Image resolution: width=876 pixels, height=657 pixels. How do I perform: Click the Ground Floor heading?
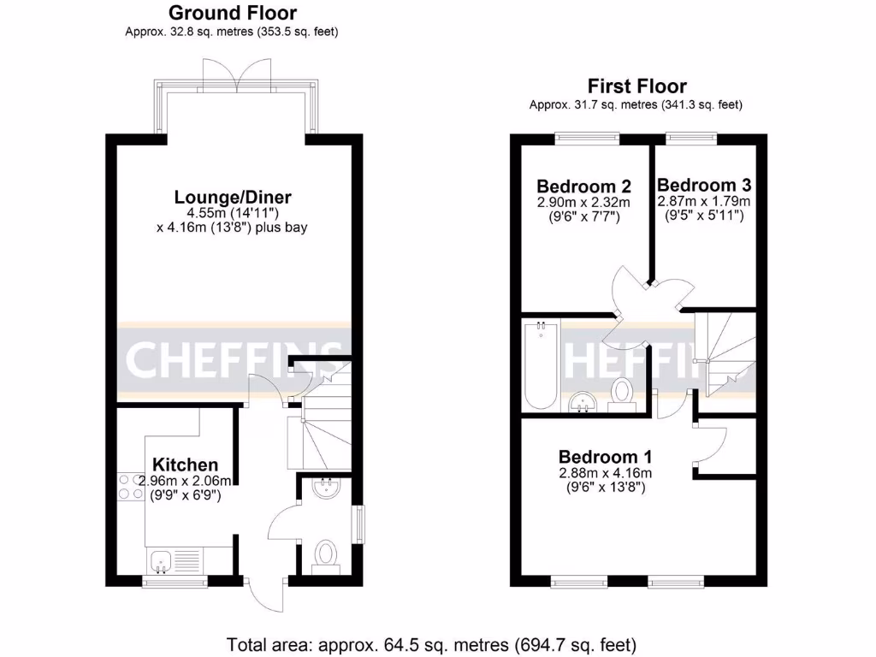[x=233, y=13]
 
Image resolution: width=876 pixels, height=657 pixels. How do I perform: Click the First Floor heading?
[x=636, y=86]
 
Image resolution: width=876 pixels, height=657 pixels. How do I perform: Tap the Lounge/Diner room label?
[x=233, y=198]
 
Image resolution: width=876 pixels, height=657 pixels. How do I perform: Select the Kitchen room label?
[x=180, y=465]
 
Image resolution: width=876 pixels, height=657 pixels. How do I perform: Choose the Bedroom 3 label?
[x=703, y=185]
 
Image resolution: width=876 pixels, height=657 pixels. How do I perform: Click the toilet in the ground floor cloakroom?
[x=325, y=553]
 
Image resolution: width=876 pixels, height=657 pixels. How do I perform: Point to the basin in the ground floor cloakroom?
[x=326, y=489]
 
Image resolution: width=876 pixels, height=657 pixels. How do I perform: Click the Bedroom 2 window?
[x=586, y=135]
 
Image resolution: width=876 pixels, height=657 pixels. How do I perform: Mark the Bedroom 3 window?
[x=691, y=135]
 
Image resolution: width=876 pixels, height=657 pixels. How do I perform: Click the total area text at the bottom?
[x=431, y=643]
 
